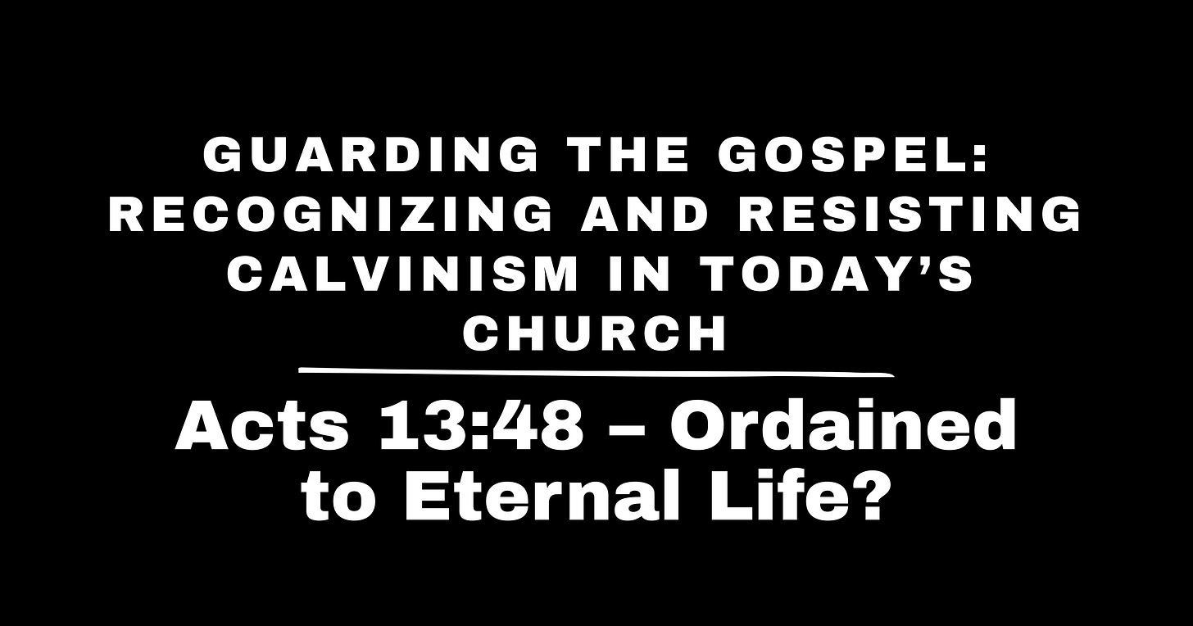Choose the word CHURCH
click(x=596, y=333)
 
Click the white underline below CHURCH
click(x=596, y=373)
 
